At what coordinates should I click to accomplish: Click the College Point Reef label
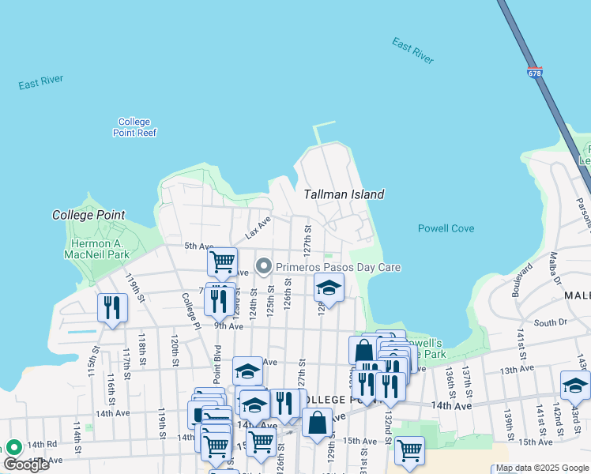[134, 127]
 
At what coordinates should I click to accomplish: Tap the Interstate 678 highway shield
[534, 72]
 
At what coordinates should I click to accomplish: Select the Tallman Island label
[344, 194]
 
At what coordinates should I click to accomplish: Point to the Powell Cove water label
[446, 228]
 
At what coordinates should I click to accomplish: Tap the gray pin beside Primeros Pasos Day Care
[264, 267]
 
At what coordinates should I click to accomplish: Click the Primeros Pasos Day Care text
[337, 267]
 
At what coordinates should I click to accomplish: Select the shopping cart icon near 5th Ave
[223, 260]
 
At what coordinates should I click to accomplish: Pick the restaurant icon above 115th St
[112, 306]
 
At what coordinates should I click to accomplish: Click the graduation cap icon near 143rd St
[575, 385]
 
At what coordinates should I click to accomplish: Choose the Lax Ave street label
[258, 227]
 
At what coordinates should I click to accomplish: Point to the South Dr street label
[545, 322]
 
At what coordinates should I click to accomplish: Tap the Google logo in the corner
[26, 465]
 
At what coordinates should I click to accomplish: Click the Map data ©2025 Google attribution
[542, 468]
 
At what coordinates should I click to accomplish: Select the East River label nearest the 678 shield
[413, 48]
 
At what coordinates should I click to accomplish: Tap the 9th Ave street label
[228, 325]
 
